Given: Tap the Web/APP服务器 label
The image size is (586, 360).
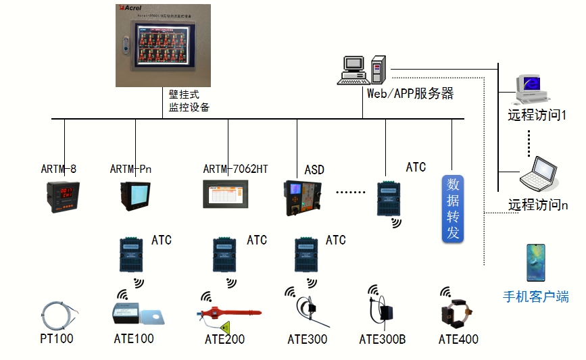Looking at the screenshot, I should point(410,94).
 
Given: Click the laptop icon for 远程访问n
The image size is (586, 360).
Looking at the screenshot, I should point(539,174).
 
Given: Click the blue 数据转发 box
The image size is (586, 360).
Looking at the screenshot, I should point(453,207).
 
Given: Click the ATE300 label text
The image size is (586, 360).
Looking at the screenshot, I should point(307,339).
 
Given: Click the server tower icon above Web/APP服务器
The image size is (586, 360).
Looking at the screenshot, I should point(378,70).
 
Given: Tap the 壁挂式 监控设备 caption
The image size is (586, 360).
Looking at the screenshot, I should point(189,101).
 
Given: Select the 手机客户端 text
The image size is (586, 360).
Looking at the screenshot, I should point(536,297).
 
